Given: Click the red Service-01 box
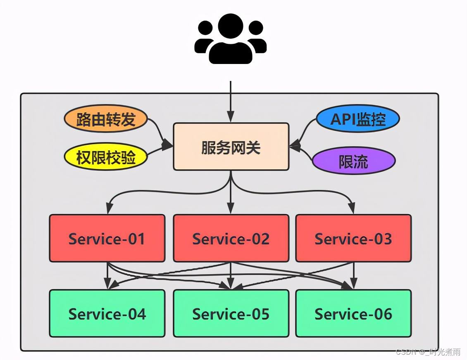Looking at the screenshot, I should coord(107,238).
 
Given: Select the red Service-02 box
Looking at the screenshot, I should coord(231,238).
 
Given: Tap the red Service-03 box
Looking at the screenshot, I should coord(353,238).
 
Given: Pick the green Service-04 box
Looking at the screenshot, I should coord(107,313).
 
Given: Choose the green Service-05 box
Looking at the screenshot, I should coord(231,313).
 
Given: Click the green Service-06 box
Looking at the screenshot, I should coord(353,313).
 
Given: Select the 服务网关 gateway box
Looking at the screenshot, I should coord(231,147).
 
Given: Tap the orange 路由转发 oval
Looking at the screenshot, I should coord(106,119).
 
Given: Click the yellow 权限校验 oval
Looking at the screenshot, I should coord(106,157).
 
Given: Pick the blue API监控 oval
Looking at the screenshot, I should coord(358,119).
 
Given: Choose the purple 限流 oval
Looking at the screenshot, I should coord(353,161).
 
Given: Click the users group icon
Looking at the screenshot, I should coord(231,39).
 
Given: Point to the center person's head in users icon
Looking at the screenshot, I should coord(231,26).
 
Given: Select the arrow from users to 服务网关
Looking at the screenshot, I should coord(231,99).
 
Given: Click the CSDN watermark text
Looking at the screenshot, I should coord(428,352).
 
